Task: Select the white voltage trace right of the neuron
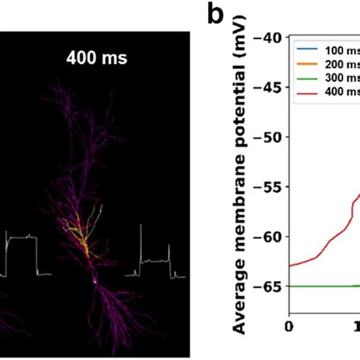[156, 262]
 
